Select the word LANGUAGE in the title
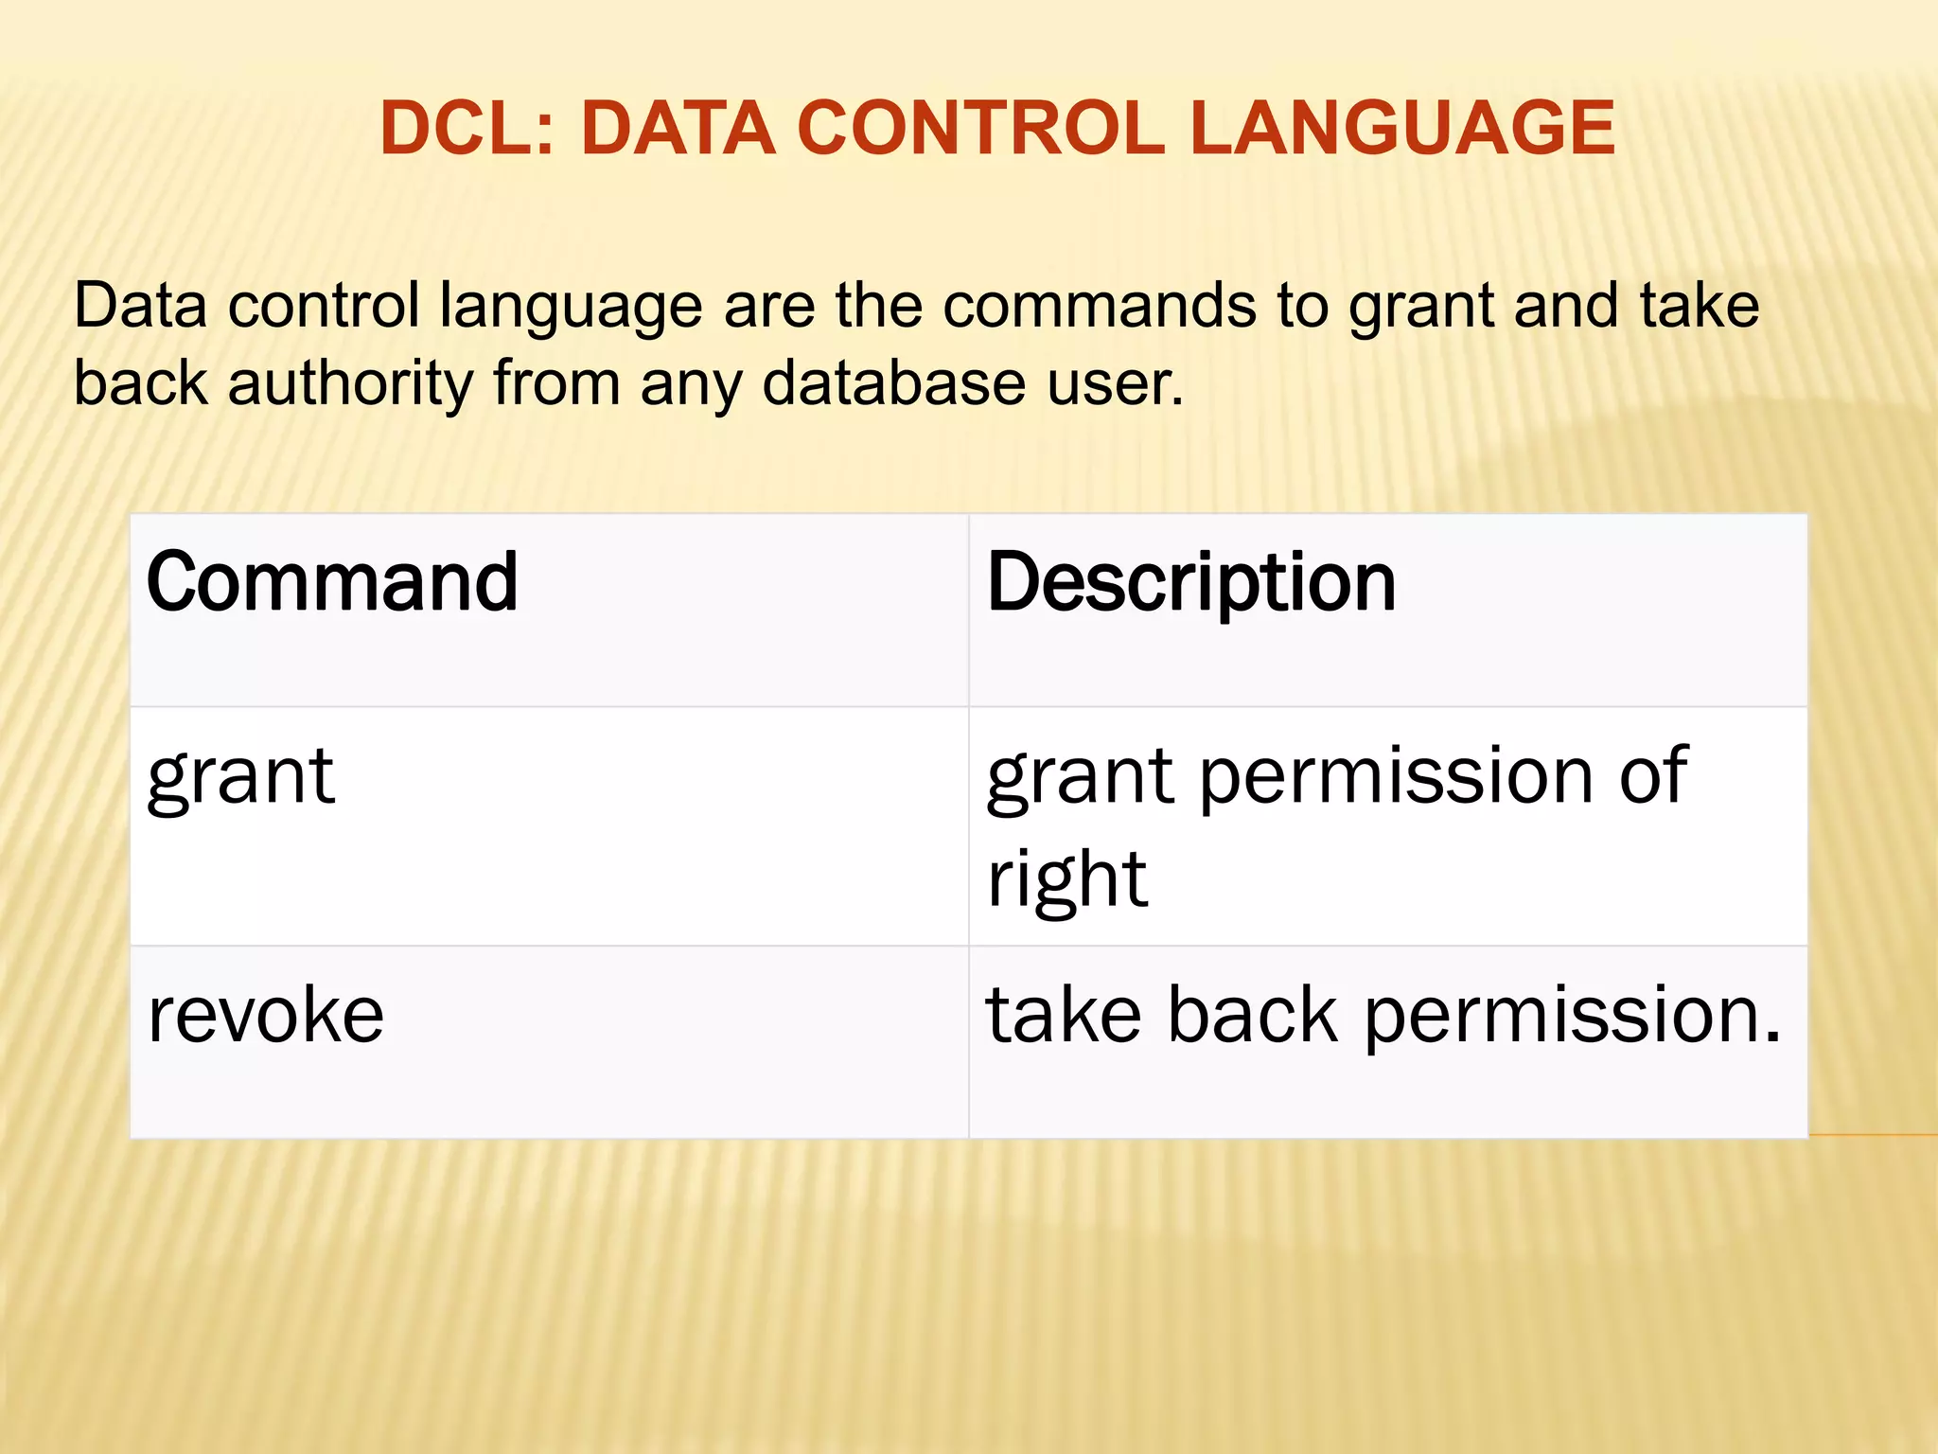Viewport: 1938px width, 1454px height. tap(1401, 129)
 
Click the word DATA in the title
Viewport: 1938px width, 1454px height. tap(678, 129)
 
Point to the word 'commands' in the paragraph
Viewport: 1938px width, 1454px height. tap(1099, 306)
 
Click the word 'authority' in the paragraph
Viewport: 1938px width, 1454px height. tap(349, 384)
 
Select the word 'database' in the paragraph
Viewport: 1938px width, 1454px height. tap(893, 384)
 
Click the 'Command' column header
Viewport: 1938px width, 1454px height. tap(332, 582)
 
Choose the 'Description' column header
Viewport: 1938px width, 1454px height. tap(1190, 582)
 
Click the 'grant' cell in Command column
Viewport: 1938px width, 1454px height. tap(240, 778)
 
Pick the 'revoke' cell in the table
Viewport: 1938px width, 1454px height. tap(266, 1015)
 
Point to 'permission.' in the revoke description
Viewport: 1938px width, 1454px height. tap(1572, 1015)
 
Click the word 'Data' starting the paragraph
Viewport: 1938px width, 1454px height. tap(140, 306)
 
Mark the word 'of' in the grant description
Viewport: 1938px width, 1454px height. tap(1652, 776)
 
